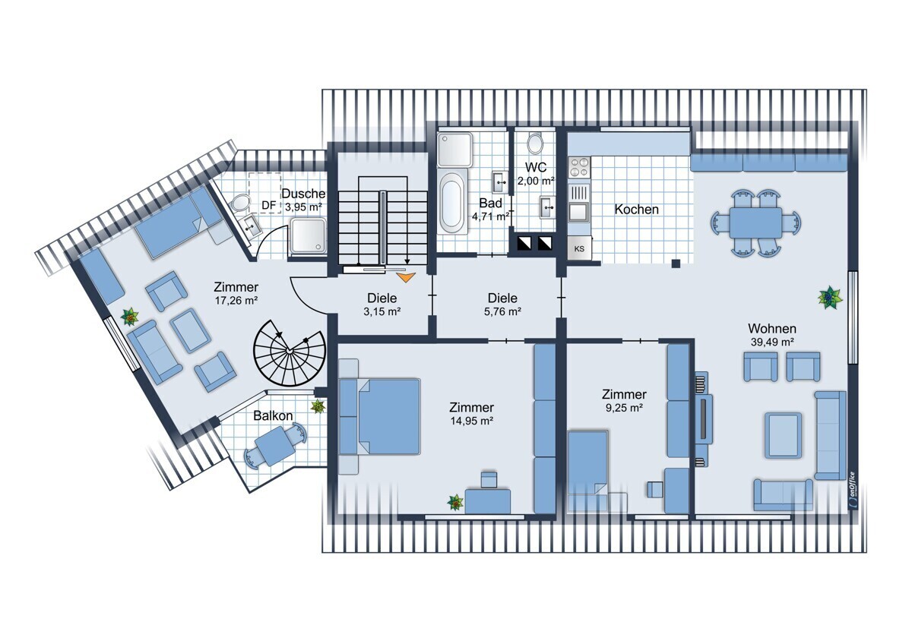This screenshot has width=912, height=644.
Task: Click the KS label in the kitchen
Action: pyautogui.click(x=579, y=248)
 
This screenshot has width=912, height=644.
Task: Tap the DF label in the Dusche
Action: pyautogui.click(x=269, y=206)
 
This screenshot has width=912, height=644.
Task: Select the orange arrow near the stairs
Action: pyautogui.click(x=406, y=277)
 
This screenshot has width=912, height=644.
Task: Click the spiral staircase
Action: pyautogui.click(x=290, y=352)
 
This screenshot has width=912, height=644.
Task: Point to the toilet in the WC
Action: pyautogui.click(x=535, y=144)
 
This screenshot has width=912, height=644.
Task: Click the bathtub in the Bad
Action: pyautogui.click(x=452, y=204)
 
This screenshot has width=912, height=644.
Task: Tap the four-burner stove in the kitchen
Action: pyautogui.click(x=579, y=167)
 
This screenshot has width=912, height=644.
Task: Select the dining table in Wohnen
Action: pyautogui.click(x=755, y=223)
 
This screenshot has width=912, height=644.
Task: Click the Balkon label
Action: pyautogui.click(x=273, y=415)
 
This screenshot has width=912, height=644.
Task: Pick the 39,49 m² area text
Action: pyautogui.click(x=772, y=343)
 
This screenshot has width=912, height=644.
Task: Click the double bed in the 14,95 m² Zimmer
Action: pyautogui.click(x=380, y=416)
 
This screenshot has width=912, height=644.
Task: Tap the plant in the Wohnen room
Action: pyautogui.click(x=830, y=298)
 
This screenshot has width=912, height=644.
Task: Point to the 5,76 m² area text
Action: pyautogui.click(x=503, y=311)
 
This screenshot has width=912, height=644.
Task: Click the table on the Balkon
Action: pyautogui.click(x=276, y=446)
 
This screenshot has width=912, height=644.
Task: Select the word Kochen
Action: pyautogui.click(x=636, y=210)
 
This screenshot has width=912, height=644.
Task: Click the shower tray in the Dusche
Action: pyautogui.click(x=309, y=235)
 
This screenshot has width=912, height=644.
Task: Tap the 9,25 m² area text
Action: pyautogui.click(x=624, y=408)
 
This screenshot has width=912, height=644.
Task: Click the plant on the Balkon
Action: pyautogui.click(x=318, y=406)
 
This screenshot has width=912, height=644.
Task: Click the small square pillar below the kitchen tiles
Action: pyautogui.click(x=676, y=264)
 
